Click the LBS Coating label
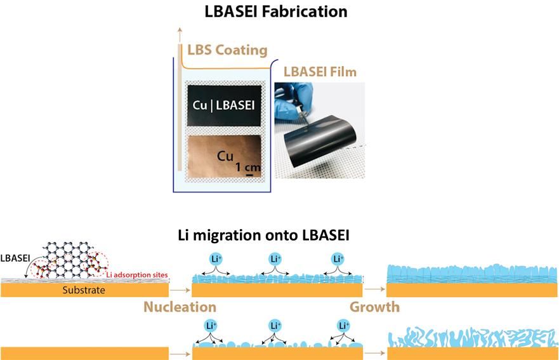[227, 50]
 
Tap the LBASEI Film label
[320, 72]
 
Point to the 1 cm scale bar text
[247, 167]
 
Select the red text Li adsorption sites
[137, 274]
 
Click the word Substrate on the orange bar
[84, 290]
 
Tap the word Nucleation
[180, 307]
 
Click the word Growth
[374, 307]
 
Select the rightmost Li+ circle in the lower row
[343, 326]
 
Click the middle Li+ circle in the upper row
[275, 260]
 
